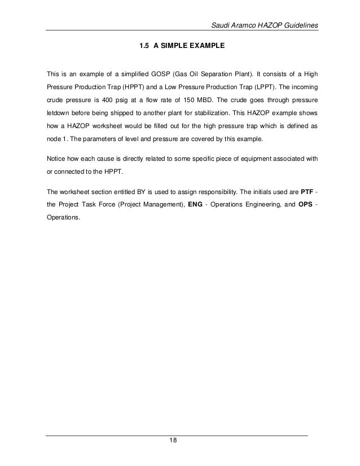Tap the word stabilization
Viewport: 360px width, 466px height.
tap(227, 117)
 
